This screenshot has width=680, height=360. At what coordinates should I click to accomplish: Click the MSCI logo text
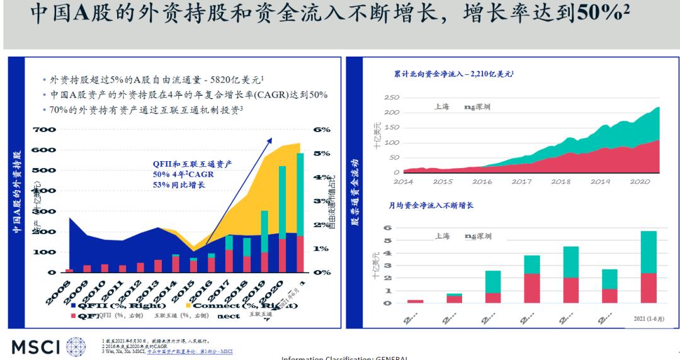pos(34,347)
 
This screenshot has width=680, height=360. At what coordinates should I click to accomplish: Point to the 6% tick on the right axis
pos(321,130)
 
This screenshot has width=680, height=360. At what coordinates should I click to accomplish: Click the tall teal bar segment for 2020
pos(283,202)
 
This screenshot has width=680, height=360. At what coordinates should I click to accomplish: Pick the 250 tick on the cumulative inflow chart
pos(391,98)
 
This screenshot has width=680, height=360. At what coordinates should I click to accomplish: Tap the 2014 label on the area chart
pos(403,181)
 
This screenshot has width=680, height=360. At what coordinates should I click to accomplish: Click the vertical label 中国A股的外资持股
pos(16,192)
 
